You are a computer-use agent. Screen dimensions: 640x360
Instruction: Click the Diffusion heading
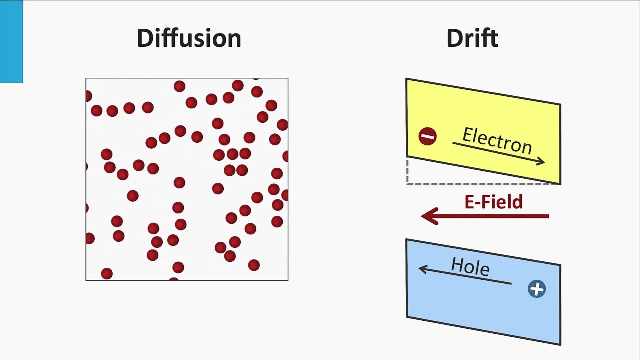point(189,38)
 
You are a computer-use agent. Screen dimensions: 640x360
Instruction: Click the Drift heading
point(472,38)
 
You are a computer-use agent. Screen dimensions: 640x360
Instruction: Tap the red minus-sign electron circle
point(427,136)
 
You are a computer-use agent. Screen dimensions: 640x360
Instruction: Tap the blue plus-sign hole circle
point(537,289)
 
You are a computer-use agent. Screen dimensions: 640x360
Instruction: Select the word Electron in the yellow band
point(497,141)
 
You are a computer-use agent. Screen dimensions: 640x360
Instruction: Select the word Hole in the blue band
point(471,267)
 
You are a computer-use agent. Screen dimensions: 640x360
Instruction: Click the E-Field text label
point(493,202)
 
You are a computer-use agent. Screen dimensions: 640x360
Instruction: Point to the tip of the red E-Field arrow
point(421,216)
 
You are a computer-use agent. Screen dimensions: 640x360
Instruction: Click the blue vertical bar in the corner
point(11,41)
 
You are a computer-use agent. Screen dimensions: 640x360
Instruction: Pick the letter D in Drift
point(455,38)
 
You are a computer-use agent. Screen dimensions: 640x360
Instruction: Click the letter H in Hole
point(457,264)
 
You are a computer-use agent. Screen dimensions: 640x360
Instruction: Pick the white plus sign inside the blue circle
point(537,289)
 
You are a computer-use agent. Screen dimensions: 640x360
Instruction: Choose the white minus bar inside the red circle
point(428,137)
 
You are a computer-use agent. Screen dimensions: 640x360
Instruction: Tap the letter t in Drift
point(493,39)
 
